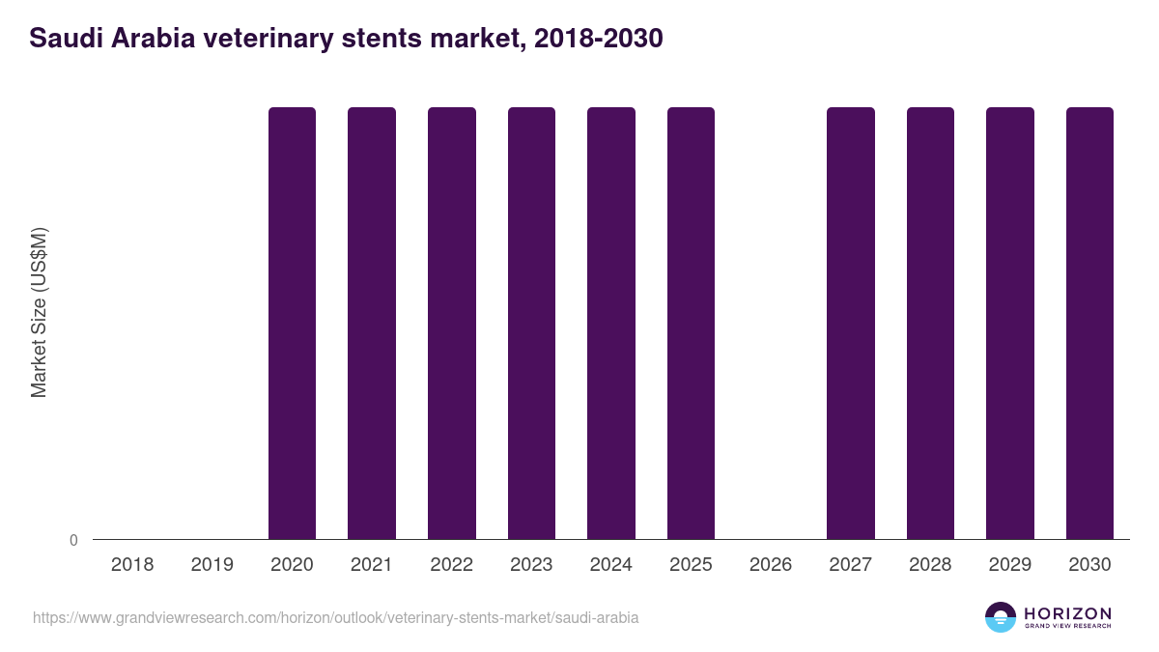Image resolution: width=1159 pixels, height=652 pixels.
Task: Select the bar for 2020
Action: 292,323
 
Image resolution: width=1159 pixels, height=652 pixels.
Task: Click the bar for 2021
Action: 372,323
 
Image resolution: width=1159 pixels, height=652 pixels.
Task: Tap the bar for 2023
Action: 531,323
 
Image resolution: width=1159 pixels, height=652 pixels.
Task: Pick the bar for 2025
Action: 691,323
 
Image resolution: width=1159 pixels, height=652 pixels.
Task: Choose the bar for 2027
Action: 851,323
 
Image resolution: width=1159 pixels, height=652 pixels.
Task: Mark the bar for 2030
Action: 1089,323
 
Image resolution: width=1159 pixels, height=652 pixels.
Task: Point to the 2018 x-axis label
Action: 132,565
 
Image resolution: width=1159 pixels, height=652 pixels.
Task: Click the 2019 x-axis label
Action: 212,565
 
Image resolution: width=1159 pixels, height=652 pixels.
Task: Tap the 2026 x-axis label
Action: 771,565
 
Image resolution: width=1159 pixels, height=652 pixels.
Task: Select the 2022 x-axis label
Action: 451,565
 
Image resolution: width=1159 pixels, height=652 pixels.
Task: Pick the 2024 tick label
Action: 611,565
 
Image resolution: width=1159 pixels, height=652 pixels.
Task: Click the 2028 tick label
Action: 930,565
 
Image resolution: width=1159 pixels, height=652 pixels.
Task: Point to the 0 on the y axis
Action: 73,541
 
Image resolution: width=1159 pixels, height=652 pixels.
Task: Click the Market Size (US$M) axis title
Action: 39,313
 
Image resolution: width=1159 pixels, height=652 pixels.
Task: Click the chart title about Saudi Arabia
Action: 346,39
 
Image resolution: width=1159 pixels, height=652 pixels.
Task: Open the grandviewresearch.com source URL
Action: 335,617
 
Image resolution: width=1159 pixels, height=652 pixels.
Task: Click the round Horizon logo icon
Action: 1001,617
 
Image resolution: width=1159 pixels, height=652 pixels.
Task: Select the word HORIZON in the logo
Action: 1067,613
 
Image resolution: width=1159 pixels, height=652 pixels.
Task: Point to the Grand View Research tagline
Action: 1067,627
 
